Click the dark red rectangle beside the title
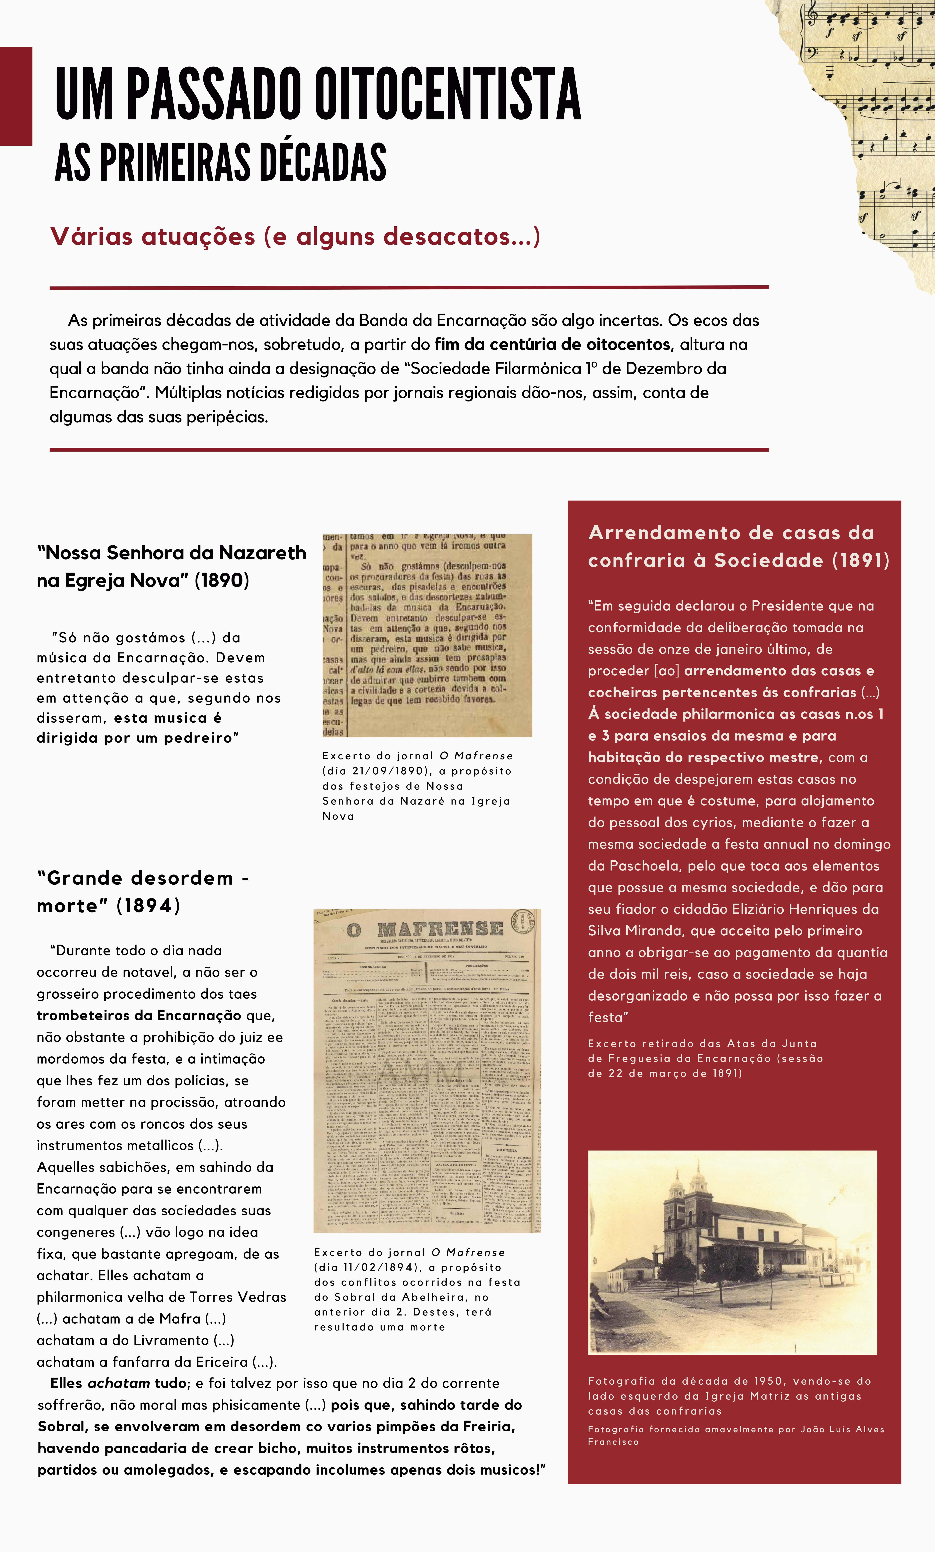[16, 96]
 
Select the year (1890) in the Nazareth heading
[221, 580]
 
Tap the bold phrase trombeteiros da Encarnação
[138, 1015]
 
